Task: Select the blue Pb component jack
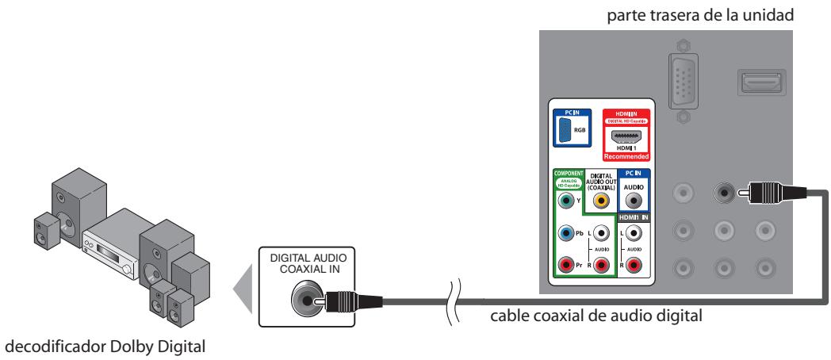coord(565,234)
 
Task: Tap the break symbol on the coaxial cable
coord(454,301)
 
